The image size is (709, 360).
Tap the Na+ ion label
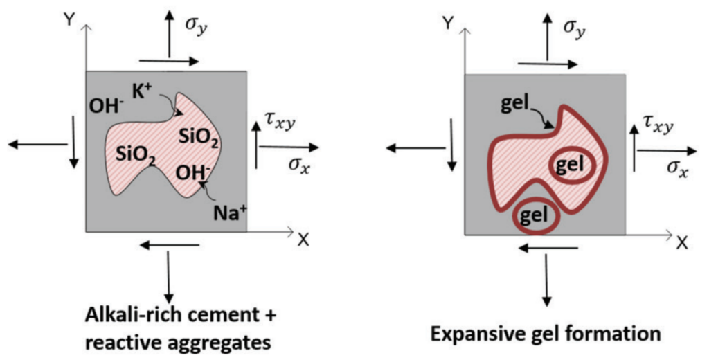[231, 212]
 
